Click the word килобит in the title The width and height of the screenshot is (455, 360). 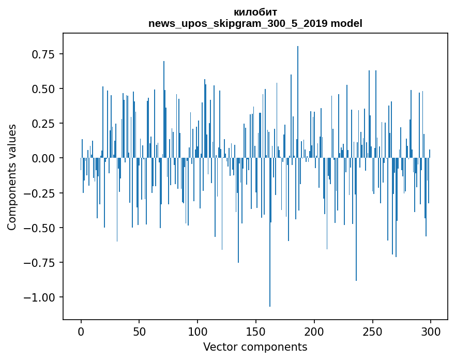(255, 12)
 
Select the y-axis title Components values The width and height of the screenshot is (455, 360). (11, 176)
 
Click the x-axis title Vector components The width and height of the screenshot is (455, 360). (255, 347)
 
